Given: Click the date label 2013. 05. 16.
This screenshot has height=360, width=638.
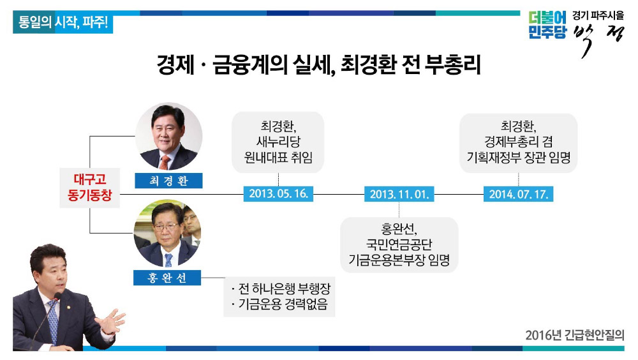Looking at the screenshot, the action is [278, 193].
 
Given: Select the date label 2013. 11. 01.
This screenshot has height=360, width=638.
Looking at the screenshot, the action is [399, 194].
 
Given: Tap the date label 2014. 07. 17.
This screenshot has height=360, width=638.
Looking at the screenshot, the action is [518, 194].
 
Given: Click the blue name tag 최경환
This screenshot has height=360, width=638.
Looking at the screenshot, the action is [168, 181].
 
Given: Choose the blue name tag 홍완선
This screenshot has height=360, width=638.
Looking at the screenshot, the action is [167, 278].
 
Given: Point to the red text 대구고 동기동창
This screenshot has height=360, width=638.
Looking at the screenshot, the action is [89, 187].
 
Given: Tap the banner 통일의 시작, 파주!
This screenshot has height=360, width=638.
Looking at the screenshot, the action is [63, 22].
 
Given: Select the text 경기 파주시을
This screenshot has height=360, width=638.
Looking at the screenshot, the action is [598, 15].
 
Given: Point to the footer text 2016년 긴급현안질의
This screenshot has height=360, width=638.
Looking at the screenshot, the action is [575, 335].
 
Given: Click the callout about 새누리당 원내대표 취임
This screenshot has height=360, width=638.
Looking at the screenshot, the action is [278, 142].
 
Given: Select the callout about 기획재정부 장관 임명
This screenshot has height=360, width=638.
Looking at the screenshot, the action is [518, 142].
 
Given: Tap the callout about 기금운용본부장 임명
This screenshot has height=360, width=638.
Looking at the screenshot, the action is [399, 244].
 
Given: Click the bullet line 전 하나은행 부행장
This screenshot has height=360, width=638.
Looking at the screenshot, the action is [280, 289].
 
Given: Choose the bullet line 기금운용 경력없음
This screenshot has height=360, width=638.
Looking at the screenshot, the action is [279, 304].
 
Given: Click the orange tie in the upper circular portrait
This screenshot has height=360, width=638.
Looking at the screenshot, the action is [165, 162].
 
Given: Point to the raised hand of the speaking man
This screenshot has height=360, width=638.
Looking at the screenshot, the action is [110, 322].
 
